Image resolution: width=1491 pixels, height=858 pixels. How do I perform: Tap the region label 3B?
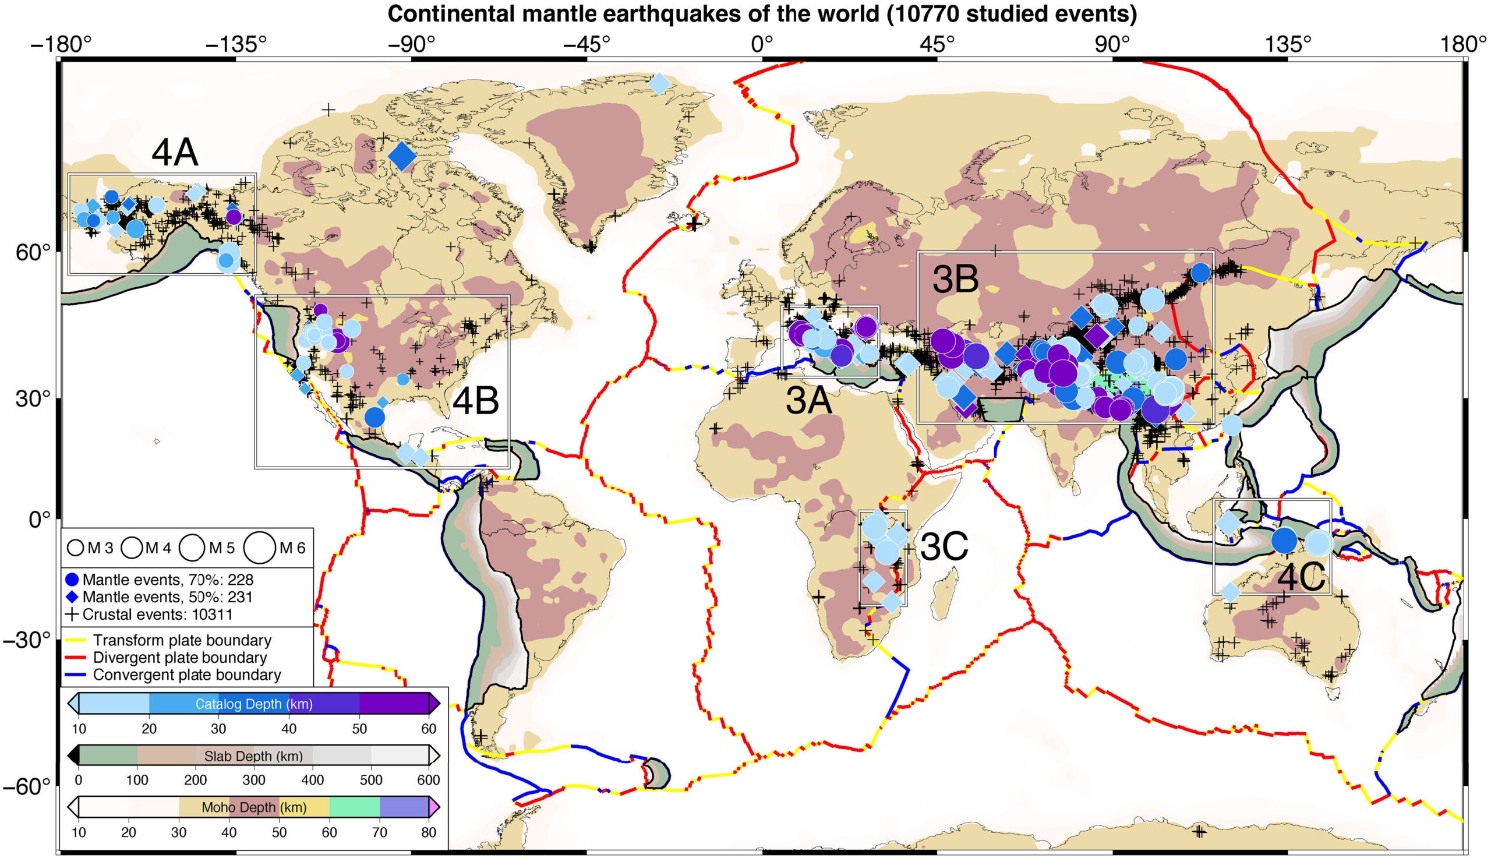pos(955,280)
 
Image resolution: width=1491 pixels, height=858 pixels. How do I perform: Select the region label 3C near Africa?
pos(944,548)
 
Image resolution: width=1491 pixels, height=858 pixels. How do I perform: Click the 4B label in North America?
pos(475,401)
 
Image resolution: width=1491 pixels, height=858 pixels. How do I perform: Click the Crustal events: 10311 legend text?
pos(157,614)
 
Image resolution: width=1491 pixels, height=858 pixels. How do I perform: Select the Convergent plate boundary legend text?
pos(187,675)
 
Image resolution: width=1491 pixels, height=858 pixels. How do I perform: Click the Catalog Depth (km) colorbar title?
pos(253,704)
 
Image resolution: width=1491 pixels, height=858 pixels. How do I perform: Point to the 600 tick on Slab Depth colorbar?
pos(427,780)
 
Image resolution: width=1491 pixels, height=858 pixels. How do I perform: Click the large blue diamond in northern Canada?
pos(402,156)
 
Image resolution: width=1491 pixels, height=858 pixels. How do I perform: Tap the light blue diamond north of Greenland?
pos(659,83)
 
